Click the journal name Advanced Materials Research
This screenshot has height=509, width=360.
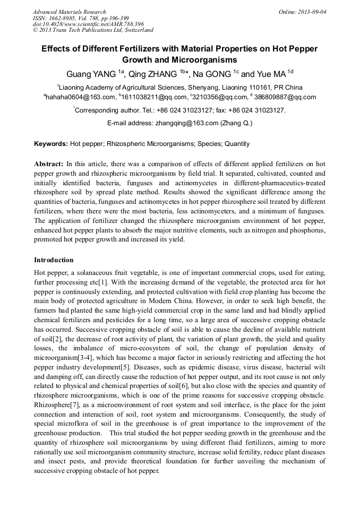pyautogui.click(x=70, y=12)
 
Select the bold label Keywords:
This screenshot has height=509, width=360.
pyautogui.click(x=51, y=144)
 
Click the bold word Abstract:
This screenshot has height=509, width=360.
pyautogui.click(x=49, y=164)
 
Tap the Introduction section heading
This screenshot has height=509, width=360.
pyautogui.click(x=54, y=260)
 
